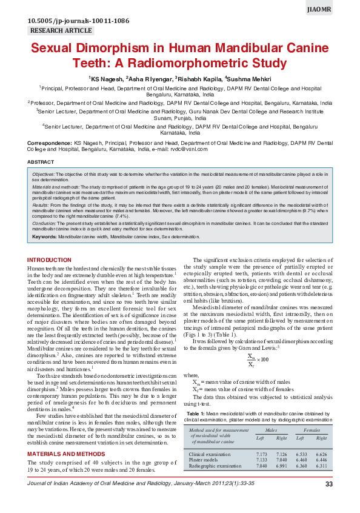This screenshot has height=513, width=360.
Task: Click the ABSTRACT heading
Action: click(41, 162)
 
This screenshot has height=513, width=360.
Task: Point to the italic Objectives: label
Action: click(45, 173)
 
